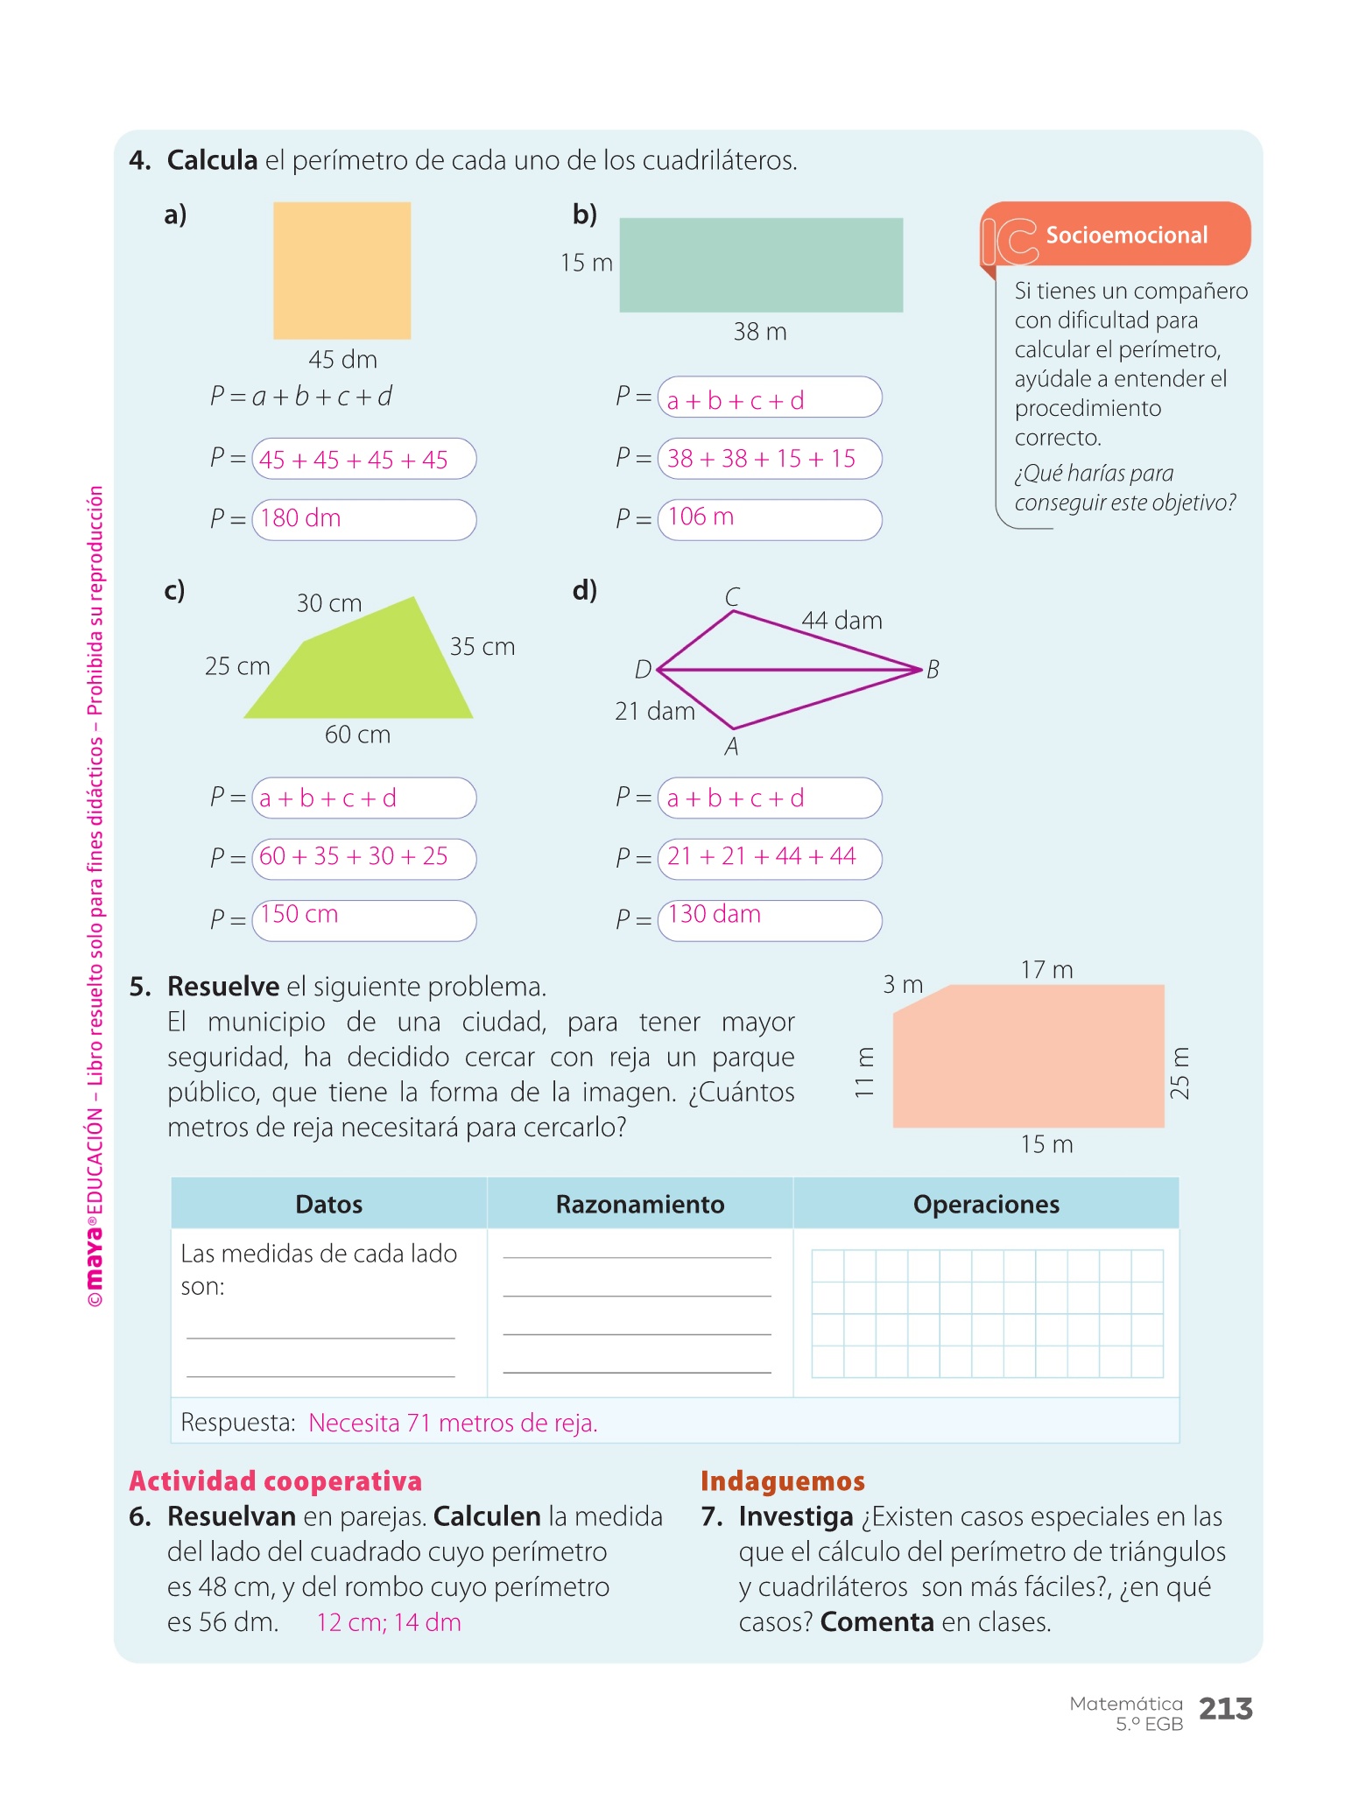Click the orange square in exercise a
tap(342, 271)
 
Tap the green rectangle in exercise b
tap(760, 265)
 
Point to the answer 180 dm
tap(300, 518)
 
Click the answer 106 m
tap(701, 517)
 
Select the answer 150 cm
tap(299, 915)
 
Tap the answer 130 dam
tap(714, 915)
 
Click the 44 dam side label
tap(842, 621)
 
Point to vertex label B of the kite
tap(933, 670)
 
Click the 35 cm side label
tap(482, 647)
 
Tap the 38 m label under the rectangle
tap(759, 332)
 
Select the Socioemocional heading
tap(1126, 236)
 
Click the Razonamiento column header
tap(640, 1205)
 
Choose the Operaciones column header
tap(986, 1205)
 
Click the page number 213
tap(1225, 1708)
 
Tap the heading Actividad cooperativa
tap(276, 1480)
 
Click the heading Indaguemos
tap(782, 1480)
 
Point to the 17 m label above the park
tap(1046, 970)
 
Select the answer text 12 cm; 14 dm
tap(388, 1622)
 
